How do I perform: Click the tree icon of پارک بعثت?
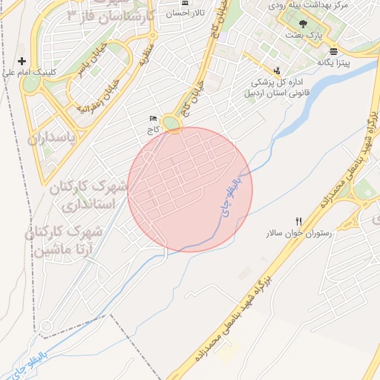point(302,24)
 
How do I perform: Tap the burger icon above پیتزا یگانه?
point(333,51)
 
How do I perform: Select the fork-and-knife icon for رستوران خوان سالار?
point(299,221)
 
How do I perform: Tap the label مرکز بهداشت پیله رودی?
point(326,6)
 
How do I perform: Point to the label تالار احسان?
point(186,13)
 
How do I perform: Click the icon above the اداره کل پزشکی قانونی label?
point(276,71)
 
